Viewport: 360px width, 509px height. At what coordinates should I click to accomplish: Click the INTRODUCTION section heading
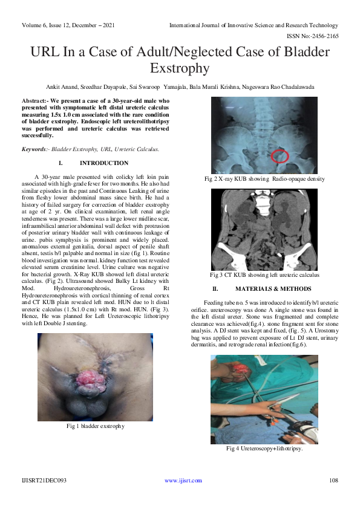click(x=104, y=163)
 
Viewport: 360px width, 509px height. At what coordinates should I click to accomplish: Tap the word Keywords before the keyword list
click(x=34, y=149)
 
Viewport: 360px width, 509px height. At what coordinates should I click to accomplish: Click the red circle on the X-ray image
click(x=280, y=156)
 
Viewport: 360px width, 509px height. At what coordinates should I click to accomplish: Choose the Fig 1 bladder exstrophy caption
click(x=96, y=426)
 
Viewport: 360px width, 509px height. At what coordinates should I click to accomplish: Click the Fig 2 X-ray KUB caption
click(x=264, y=179)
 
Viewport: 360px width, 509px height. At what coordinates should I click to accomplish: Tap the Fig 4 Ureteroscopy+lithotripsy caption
click(x=264, y=449)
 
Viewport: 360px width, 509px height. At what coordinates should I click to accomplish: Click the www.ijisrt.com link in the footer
click(x=179, y=481)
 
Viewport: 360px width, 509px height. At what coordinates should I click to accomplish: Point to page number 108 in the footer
click(x=333, y=481)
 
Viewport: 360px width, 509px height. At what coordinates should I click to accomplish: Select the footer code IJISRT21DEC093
click(x=44, y=481)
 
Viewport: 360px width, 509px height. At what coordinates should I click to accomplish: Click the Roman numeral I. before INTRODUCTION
click(x=61, y=163)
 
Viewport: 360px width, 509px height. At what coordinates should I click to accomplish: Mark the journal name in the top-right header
click(x=254, y=25)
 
